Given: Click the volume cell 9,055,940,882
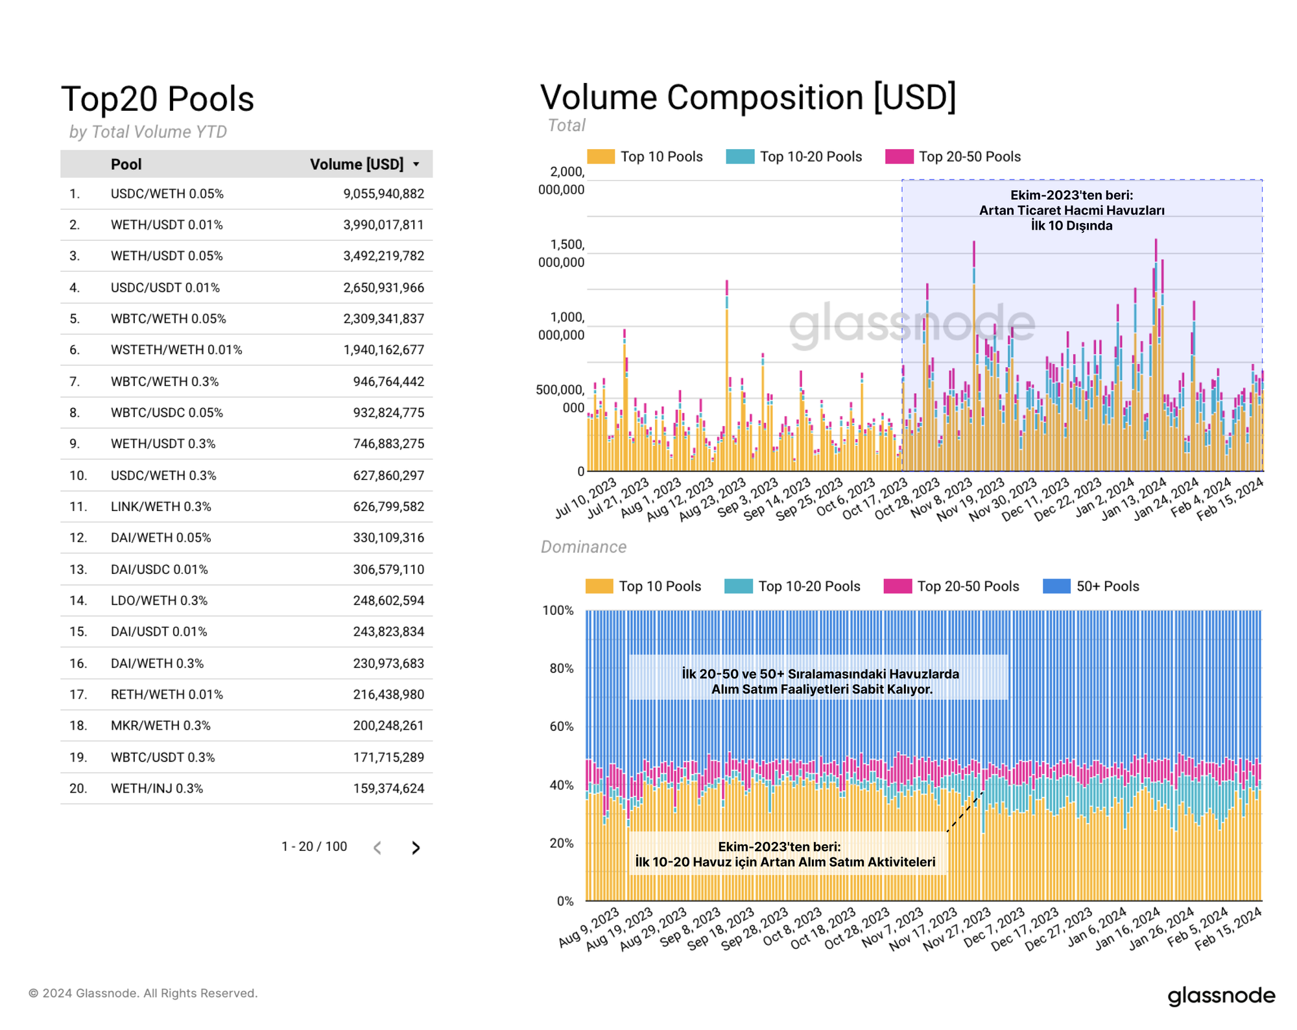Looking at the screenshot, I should click(x=383, y=194).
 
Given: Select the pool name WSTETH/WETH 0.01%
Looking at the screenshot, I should click(x=176, y=350).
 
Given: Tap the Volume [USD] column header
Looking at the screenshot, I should click(x=357, y=164).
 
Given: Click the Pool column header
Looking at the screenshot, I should click(x=126, y=164).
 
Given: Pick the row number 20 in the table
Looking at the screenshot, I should click(x=78, y=789).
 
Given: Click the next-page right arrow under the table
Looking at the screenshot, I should click(x=416, y=848).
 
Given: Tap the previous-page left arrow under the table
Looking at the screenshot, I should click(x=377, y=848).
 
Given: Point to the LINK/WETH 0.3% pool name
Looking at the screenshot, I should click(x=161, y=507).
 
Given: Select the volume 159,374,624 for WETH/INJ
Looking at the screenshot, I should click(x=388, y=789).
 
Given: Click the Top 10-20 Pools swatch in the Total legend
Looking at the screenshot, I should click(x=740, y=157).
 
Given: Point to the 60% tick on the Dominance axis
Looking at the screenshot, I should click(x=562, y=726).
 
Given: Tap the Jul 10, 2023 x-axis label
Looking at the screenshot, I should click(x=586, y=498).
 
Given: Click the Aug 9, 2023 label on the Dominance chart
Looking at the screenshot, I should click(x=589, y=928).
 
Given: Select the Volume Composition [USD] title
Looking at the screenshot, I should click(x=748, y=97).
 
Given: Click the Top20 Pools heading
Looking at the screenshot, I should click(x=158, y=99).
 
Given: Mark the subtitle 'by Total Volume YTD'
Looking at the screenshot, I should click(x=148, y=132).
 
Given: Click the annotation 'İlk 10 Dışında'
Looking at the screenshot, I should click(x=1071, y=226).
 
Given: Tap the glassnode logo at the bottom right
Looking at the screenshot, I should click(x=1221, y=996).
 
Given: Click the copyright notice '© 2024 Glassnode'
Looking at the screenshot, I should click(x=143, y=993).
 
